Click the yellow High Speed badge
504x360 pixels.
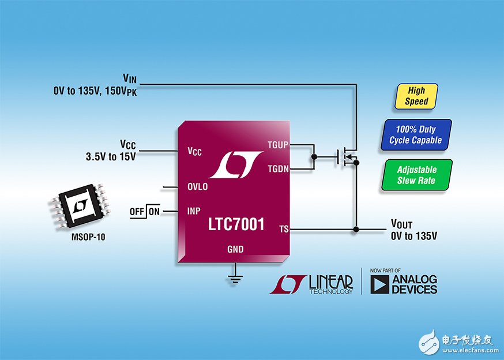[416, 96]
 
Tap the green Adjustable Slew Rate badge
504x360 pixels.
[416, 175]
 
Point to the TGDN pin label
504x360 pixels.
[279, 168]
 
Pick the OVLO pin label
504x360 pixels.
[197, 187]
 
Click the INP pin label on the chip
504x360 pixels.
[194, 211]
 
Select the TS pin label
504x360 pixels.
[283, 229]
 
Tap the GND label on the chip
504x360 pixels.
[235, 250]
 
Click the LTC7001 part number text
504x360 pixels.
[236, 224]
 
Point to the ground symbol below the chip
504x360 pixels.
[235, 280]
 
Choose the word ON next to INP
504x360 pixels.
[155, 212]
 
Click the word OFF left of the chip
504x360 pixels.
[137, 212]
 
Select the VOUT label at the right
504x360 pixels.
[402, 224]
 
